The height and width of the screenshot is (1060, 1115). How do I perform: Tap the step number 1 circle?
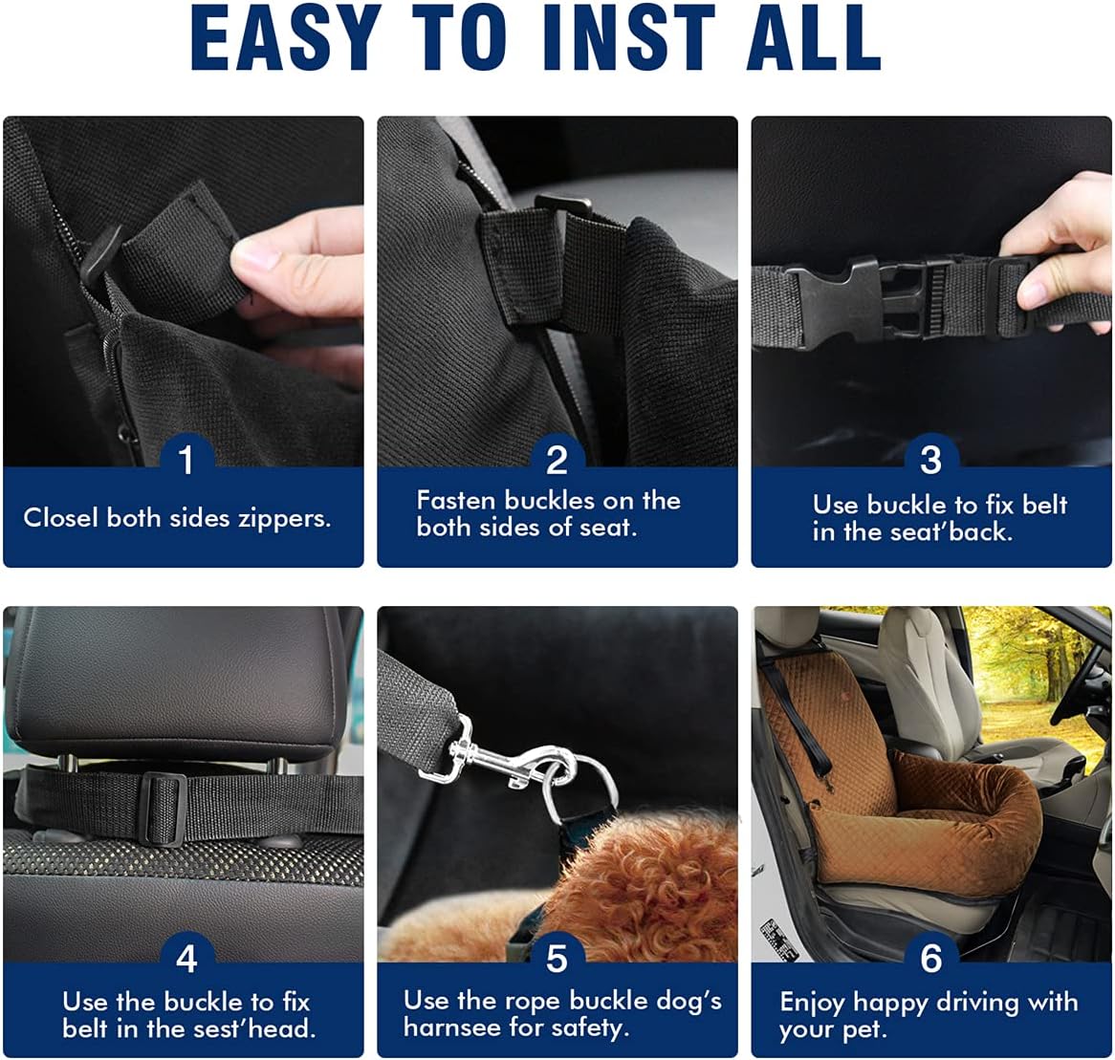click(186, 460)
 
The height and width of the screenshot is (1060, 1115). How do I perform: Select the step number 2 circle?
click(557, 460)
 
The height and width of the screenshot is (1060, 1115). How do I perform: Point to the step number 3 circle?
click(930, 460)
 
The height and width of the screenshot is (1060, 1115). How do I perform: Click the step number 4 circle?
click(186, 957)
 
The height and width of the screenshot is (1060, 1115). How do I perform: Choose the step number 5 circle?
click(557, 957)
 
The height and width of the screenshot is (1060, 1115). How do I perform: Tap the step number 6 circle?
click(930, 957)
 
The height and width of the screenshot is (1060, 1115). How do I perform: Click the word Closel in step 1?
click(60, 518)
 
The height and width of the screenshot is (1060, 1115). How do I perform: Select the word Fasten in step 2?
click(457, 501)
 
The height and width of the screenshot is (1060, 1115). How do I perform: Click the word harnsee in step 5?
click(450, 1028)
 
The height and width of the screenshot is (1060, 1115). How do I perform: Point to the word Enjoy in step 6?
click(812, 1004)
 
